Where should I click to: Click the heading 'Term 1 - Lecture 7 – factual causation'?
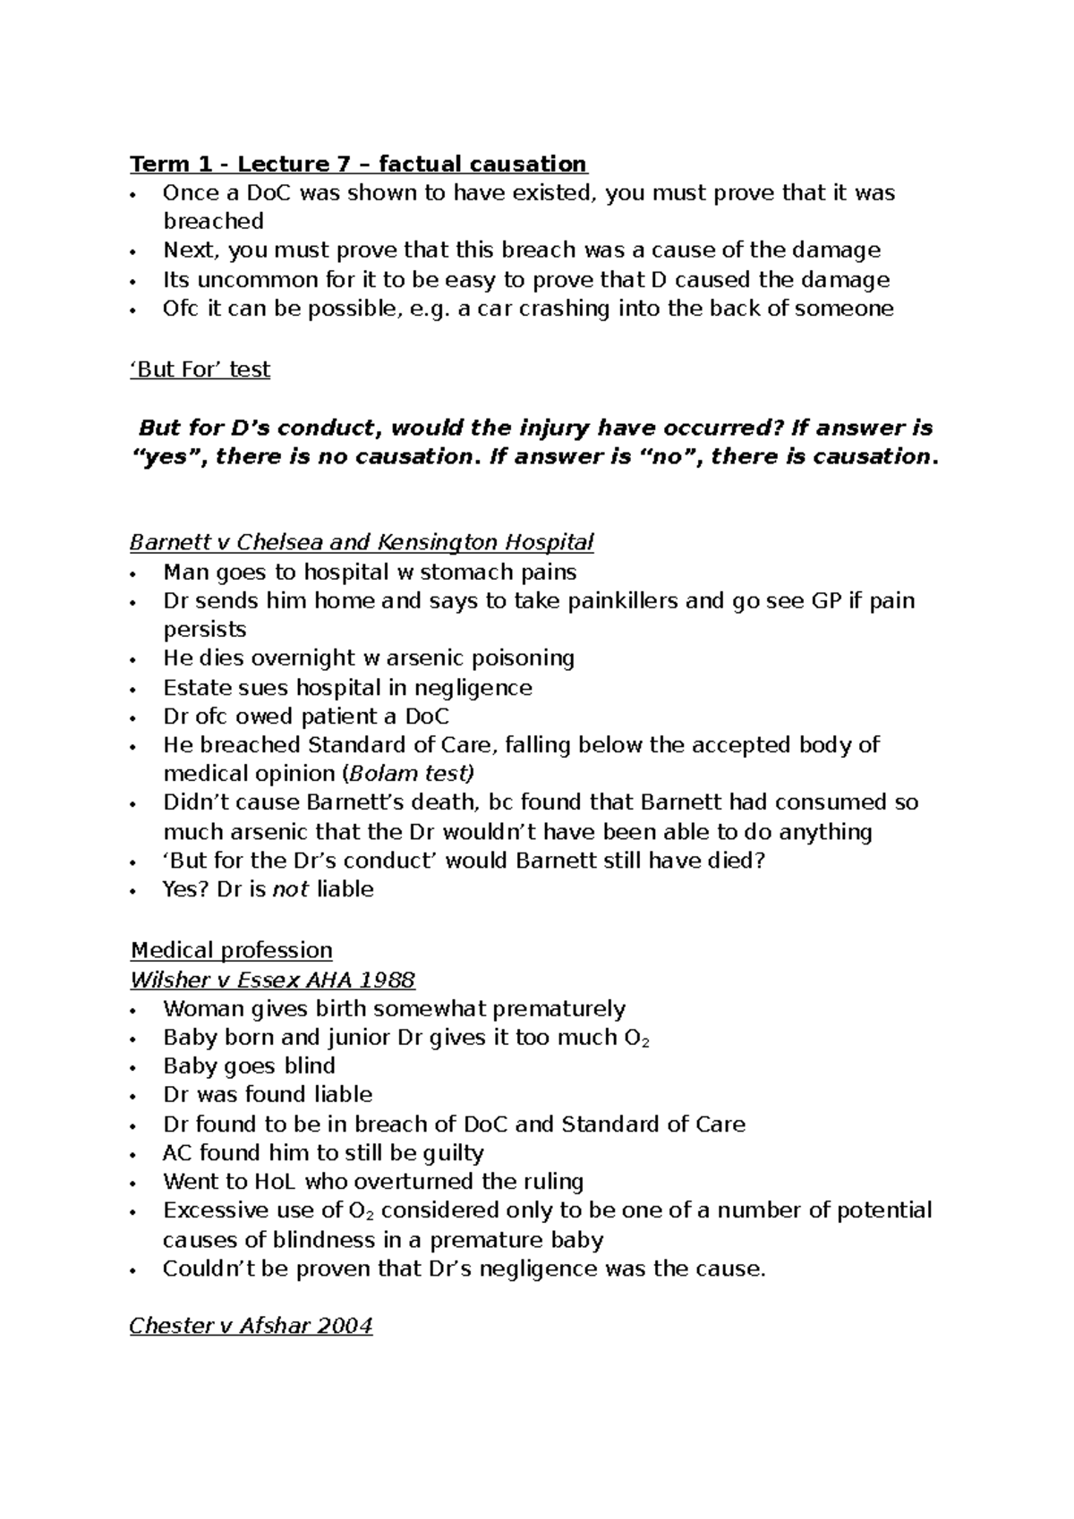tap(358, 165)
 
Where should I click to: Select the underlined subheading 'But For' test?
tap(200, 369)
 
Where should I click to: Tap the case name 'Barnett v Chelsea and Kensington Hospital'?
tap(362, 542)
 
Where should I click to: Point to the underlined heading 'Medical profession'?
tap(231, 950)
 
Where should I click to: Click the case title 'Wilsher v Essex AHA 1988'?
tap(272, 980)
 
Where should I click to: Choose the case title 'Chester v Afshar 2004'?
tap(251, 1326)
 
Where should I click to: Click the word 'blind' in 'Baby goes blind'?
tap(310, 1066)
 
